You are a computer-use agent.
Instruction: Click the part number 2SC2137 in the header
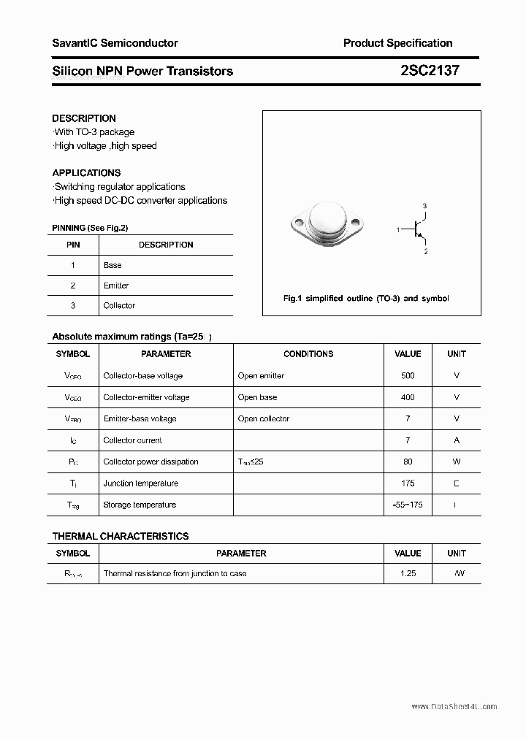pyautogui.click(x=430, y=71)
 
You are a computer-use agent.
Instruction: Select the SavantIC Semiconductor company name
pyautogui.click(x=115, y=43)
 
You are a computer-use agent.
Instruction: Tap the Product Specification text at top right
pyautogui.click(x=397, y=43)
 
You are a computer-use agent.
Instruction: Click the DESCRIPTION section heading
pyautogui.click(x=84, y=118)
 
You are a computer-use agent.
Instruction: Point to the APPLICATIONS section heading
pyautogui.click(x=86, y=173)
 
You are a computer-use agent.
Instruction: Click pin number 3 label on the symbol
pyautogui.click(x=424, y=206)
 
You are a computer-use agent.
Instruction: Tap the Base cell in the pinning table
pyautogui.click(x=113, y=265)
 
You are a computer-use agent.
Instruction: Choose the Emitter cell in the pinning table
pyautogui.click(x=115, y=286)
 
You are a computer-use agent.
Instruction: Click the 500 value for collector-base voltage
pyautogui.click(x=408, y=375)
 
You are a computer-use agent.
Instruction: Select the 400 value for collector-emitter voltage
pyautogui.click(x=408, y=397)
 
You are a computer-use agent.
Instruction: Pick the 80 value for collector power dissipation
pyautogui.click(x=408, y=462)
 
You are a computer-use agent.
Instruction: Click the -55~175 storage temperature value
pyautogui.click(x=408, y=505)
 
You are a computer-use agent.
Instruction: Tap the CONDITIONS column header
pyautogui.click(x=308, y=353)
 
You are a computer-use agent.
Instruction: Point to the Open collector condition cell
pyautogui.click(x=263, y=418)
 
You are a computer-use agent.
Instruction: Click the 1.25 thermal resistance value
pyautogui.click(x=408, y=573)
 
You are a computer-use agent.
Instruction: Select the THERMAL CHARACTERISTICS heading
pyautogui.click(x=121, y=536)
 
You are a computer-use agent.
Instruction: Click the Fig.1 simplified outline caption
pyautogui.click(x=366, y=298)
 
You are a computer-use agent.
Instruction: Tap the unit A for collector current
pyautogui.click(x=457, y=440)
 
